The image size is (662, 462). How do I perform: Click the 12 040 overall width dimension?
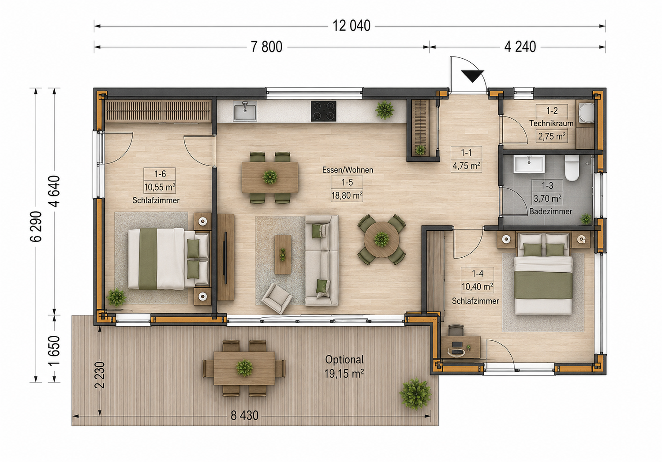tap(352, 26)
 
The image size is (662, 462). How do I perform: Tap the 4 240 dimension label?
tap(520, 47)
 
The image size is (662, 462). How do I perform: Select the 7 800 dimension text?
tap(266, 47)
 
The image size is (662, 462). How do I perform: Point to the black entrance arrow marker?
tap(472, 76)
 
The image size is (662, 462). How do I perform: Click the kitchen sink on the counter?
tap(245, 111)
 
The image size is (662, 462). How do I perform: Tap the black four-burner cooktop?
tap(324, 111)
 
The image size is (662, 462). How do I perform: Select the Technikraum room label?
tap(551, 124)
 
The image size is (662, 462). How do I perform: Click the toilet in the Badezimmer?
tap(572, 168)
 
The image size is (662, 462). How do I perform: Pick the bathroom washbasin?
tap(529, 164)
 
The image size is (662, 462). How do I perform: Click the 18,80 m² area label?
tap(347, 195)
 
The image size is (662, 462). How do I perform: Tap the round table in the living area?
tap(381, 239)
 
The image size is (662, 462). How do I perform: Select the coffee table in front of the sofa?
tap(283, 254)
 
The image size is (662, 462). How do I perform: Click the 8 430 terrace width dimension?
tap(244, 416)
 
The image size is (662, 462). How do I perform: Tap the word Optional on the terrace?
tap(344, 360)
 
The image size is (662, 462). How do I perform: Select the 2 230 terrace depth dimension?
tap(100, 375)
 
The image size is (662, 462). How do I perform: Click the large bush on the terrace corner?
tap(415, 394)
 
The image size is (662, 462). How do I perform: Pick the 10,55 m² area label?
tap(160, 187)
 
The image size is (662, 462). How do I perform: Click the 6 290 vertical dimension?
tap(36, 226)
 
